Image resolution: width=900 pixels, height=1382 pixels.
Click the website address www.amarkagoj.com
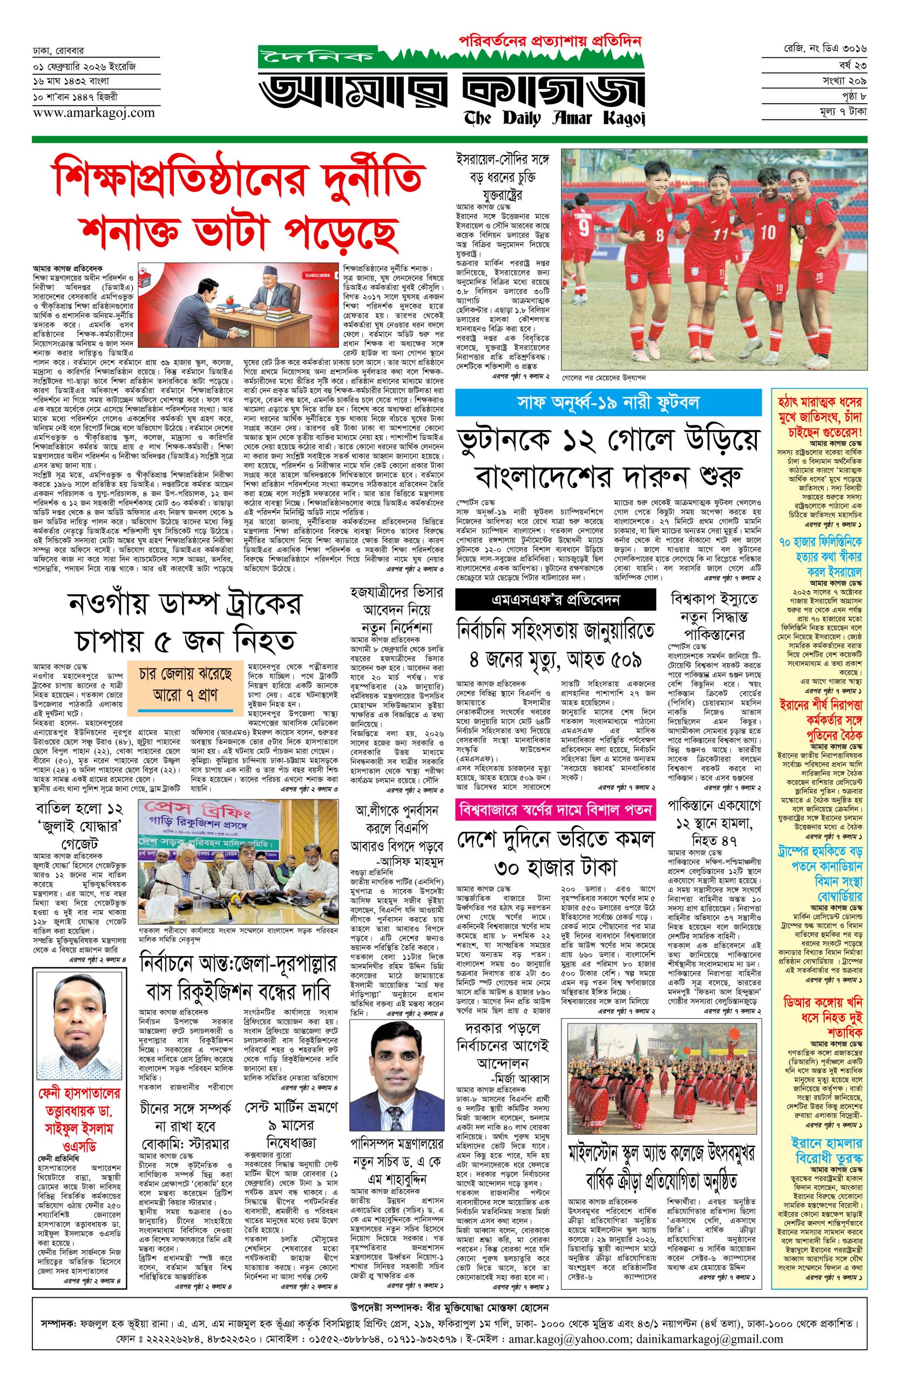point(93,113)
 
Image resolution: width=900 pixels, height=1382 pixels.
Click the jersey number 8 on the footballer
point(659,236)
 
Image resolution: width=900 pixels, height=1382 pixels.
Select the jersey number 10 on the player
point(767,232)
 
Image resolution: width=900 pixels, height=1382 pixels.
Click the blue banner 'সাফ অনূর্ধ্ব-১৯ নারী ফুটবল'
point(608,402)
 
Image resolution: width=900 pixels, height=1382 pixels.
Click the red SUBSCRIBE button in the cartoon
point(317,275)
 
